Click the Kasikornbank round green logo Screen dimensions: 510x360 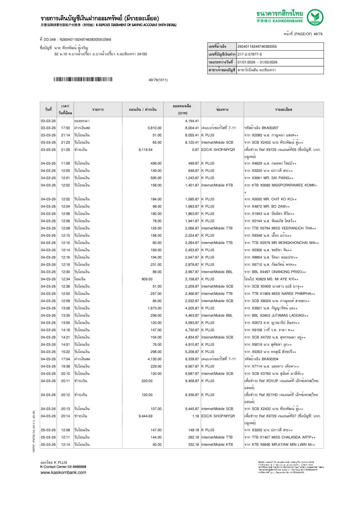[315, 17]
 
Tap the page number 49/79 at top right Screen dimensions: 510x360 [318, 34]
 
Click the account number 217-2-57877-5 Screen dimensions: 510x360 [250, 54]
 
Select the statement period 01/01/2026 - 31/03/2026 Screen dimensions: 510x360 [257, 62]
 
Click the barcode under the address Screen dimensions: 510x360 [83, 79]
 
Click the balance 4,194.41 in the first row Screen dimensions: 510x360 [192, 121]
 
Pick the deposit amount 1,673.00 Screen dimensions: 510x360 [155, 308]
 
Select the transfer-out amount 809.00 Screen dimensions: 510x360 [147, 279]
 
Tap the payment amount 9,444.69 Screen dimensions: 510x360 [146, 416]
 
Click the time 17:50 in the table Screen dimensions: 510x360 [65, 128]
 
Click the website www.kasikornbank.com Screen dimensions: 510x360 [63, 472]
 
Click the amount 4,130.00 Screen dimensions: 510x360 [155, 359]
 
